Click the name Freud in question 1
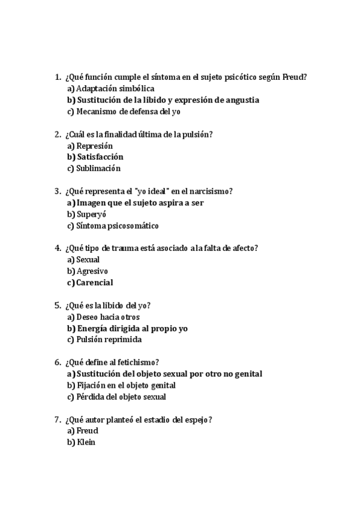click(x=294, y=77)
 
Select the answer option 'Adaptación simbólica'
click(x=112, y=88)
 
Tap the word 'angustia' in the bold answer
click(x=239, y=100)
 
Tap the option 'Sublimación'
click(x=98, y=169)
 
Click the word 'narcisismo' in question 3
click(x=212, y=191)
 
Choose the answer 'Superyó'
click(x=93, y=214)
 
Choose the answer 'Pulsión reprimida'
click(x=109, y=340)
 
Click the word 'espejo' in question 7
click(x=197, y=420)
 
